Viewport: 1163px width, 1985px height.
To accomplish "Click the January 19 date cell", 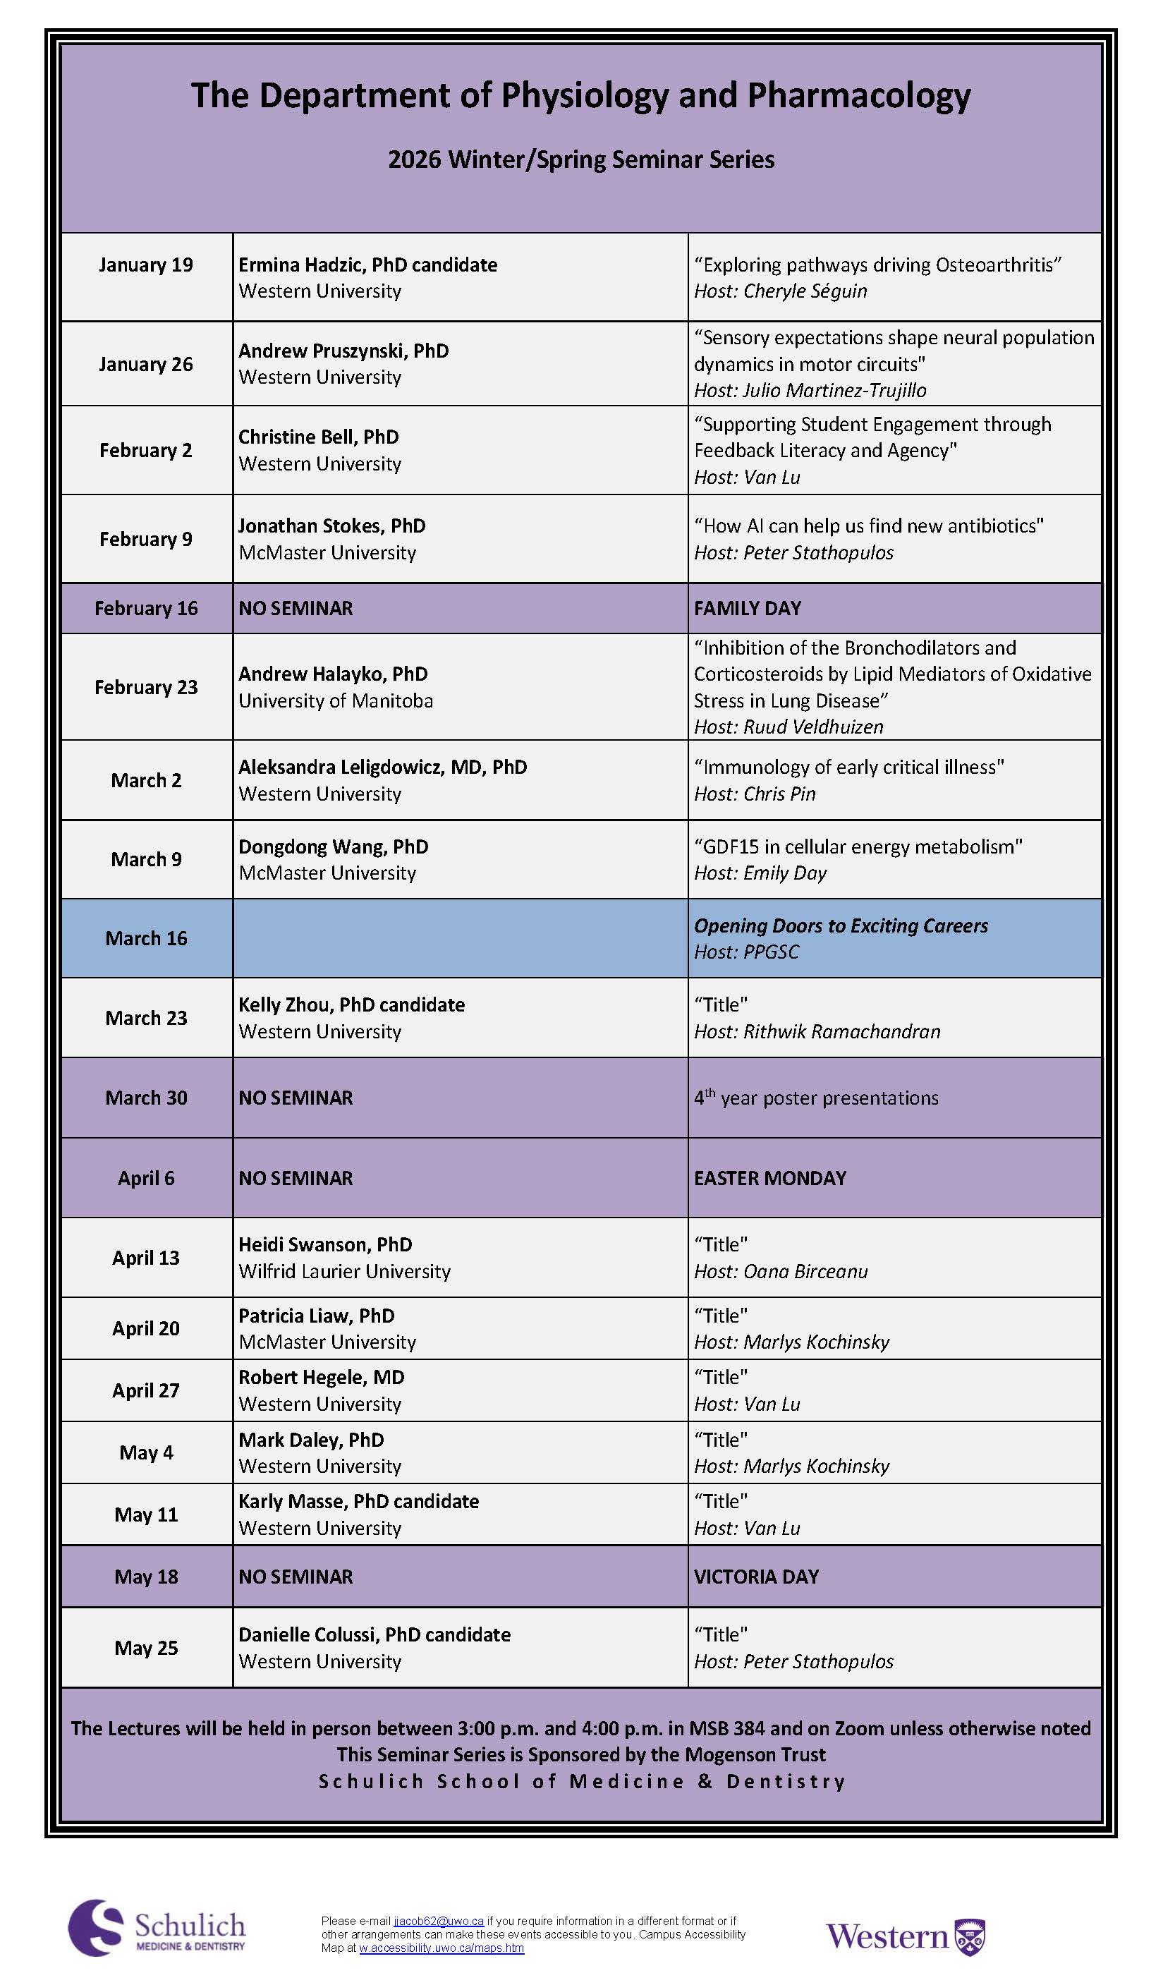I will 146,265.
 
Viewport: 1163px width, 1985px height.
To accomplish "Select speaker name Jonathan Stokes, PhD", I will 331,526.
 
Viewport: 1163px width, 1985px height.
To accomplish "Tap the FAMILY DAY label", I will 748,608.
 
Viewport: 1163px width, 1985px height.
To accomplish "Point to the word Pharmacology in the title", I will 858,95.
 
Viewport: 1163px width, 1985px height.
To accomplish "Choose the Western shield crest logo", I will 969,1938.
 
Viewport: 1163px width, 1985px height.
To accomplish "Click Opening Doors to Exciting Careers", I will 840,925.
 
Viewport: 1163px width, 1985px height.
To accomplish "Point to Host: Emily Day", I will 760,873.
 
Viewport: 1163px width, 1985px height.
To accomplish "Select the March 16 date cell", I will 146,938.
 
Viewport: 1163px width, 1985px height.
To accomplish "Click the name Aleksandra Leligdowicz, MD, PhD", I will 383,767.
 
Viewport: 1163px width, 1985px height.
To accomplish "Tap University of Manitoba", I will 336,700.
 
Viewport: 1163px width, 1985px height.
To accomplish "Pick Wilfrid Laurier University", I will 344,1270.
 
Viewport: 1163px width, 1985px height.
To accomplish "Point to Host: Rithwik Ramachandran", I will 817,1031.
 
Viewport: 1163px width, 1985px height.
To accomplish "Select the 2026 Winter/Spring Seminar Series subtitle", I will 581,160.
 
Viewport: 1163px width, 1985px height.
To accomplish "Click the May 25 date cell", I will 146,1647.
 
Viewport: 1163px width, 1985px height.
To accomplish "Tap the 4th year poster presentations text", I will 816,1098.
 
